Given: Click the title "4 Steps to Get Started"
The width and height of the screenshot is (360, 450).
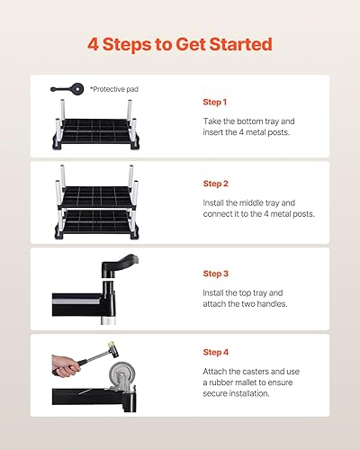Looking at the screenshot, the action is [180, 44].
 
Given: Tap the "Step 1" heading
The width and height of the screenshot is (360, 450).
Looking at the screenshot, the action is [215, 102].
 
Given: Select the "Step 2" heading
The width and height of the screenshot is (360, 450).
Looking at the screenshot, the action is [216, 184].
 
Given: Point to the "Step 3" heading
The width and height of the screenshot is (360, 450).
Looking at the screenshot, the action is [216, 274].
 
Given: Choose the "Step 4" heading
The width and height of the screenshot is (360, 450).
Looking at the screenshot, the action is [216, 352].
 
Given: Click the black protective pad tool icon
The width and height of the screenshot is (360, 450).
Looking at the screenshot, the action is [67, 89].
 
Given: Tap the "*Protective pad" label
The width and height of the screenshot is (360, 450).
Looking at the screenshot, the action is [114, 89].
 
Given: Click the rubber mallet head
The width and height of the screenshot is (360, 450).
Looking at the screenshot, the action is [113, 349].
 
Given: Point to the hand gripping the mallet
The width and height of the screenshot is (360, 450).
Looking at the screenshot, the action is [65, 366].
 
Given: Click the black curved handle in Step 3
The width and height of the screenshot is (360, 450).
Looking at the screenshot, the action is [119, 265].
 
